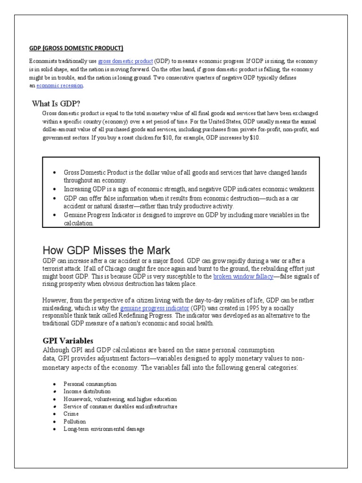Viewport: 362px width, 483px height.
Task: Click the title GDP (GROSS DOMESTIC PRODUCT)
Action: point(76,48)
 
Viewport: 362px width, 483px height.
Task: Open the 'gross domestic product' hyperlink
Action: point(125,62)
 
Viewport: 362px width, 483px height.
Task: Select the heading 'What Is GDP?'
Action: point(59,103)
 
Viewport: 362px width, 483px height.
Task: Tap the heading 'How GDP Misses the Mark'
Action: point(106,250)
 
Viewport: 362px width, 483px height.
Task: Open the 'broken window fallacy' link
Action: point(243,276)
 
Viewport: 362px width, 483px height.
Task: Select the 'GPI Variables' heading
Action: point(68,340)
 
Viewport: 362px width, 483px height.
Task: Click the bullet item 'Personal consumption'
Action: point(90,384)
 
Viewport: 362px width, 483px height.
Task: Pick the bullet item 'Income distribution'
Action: point(87,391)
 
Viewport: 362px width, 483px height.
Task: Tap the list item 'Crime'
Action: point(71,414)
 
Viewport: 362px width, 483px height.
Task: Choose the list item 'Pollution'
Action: point(75,421)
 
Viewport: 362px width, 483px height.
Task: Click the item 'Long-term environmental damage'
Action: point(104,429)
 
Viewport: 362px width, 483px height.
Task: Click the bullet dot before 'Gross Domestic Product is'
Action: point(55,173)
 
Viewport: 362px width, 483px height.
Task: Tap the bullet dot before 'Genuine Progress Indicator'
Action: point(55,215)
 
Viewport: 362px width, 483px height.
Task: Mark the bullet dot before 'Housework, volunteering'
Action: point(55,399)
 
